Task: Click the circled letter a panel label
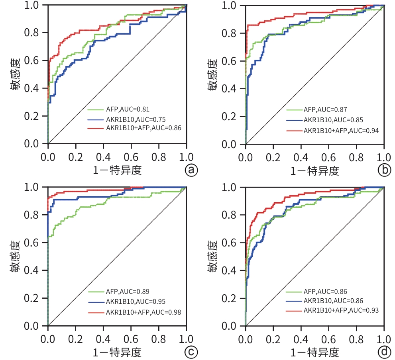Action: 191,170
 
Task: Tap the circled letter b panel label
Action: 384,170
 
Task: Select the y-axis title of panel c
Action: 16,257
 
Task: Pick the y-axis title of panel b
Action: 214,75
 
